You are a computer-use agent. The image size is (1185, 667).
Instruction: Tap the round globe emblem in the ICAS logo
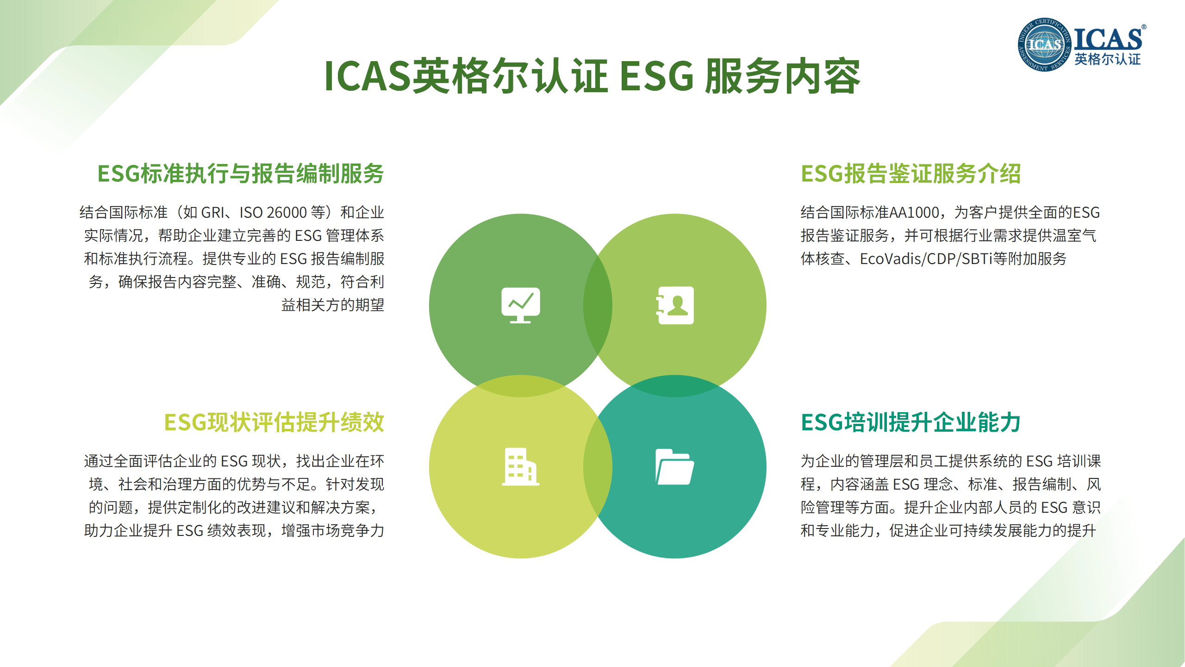point(1044,44)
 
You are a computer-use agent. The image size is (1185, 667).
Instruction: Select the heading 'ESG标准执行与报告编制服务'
point(241,174)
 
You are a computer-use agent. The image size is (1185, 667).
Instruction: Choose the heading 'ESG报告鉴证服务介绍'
point(911,174)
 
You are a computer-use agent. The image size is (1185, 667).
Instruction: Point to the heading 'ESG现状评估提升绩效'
point(274,422)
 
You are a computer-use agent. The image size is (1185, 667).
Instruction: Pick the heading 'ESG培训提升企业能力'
point(911,422)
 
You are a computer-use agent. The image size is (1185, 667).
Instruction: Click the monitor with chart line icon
point(521,305)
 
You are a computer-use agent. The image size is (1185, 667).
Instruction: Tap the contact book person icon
point(675,305)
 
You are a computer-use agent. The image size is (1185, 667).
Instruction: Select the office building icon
point(521,466)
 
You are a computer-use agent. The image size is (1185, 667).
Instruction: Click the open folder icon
point(675,466)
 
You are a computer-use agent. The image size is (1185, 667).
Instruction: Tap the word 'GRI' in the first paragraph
point(213,213)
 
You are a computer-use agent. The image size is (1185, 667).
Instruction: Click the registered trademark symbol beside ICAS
point(1144,27)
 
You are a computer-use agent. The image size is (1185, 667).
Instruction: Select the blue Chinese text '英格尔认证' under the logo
point(1108,59)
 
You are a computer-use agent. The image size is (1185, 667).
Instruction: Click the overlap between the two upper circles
point(598,305)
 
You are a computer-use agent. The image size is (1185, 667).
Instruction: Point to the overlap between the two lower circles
point(598,466)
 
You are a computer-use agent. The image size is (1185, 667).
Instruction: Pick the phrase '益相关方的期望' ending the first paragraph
point(333,305)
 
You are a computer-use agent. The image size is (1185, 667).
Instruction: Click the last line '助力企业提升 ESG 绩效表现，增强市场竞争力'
point(234,531)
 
